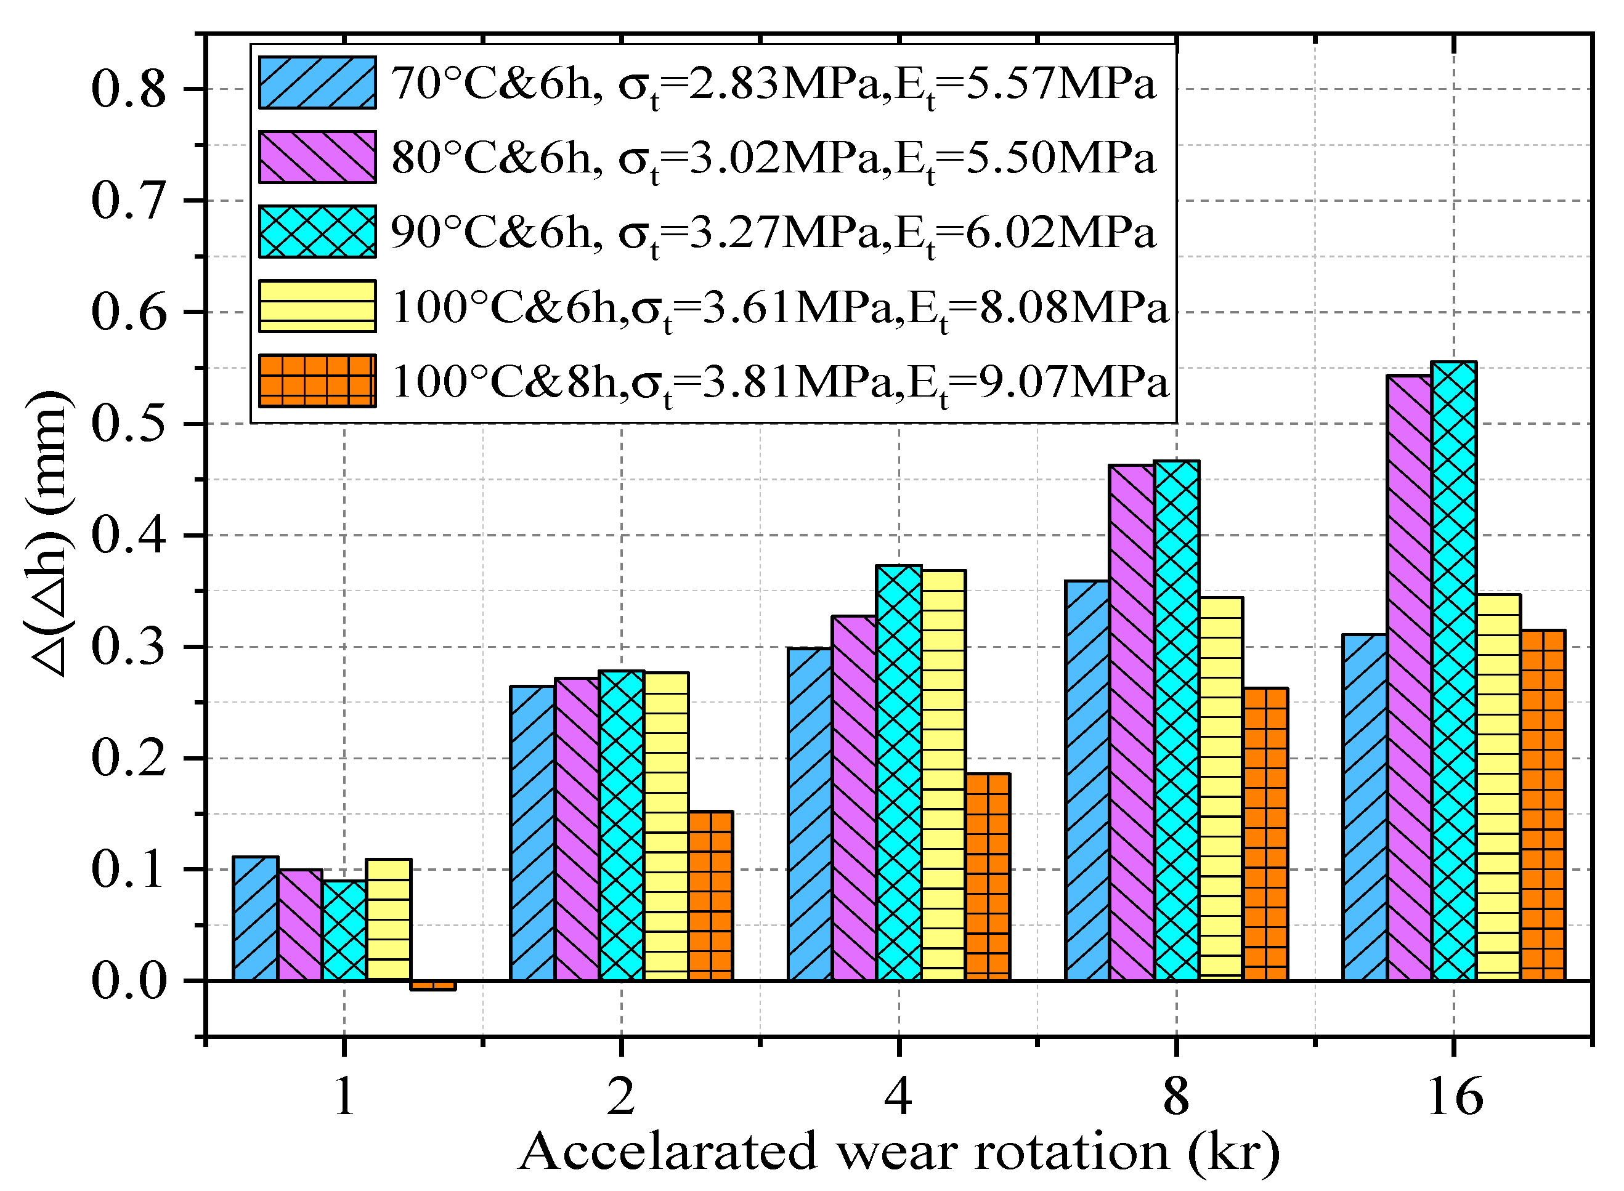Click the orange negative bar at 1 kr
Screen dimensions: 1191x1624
tap(432, 985)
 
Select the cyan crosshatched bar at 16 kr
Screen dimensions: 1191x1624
tap(1454, 671)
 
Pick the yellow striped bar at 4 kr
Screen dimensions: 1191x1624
tap(943, 775)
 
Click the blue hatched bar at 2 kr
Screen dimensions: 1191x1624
tap(532, 833)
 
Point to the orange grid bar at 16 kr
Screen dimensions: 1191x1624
tap(1543, 805)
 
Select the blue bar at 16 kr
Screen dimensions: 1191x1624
tap(1365, 807)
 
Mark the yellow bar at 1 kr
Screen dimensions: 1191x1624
tap(389, 919)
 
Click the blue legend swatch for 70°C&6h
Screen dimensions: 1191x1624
tap(317, 83)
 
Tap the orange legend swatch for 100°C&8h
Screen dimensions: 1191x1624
tap(317, 381)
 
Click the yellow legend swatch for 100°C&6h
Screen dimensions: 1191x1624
tap(317, 307)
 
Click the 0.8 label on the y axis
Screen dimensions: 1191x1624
tap(128, 89)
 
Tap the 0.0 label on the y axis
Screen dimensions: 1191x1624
tap(128, 980)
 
